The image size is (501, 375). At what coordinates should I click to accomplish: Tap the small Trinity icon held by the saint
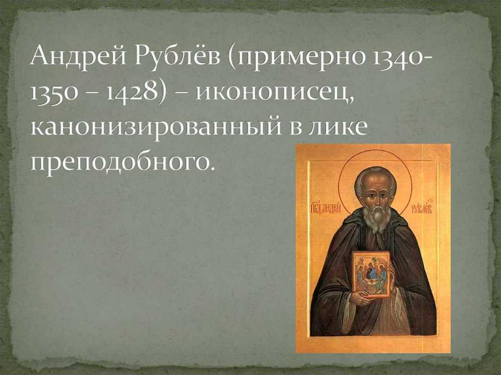point(371,273)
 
